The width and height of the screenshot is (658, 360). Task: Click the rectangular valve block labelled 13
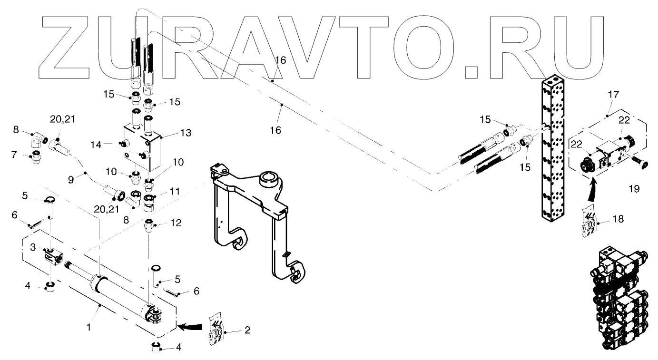142,148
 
